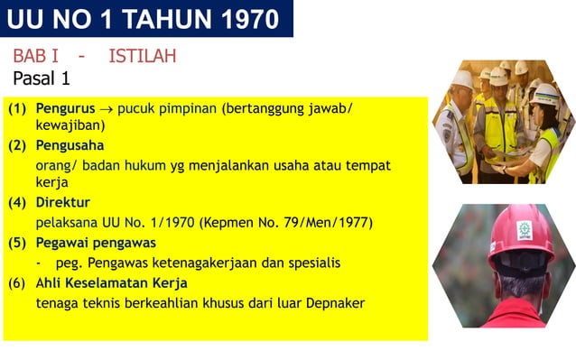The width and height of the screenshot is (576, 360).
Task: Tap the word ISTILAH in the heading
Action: tap(143, 56)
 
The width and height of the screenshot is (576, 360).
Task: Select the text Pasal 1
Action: tap(42, 78)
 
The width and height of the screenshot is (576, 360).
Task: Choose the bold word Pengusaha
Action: tap(70, 145)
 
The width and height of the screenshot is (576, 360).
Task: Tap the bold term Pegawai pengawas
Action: tap(96, 242)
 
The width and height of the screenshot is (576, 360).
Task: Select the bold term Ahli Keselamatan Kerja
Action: tap(111, 282)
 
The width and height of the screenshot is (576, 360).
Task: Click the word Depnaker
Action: tap(334, 303)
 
